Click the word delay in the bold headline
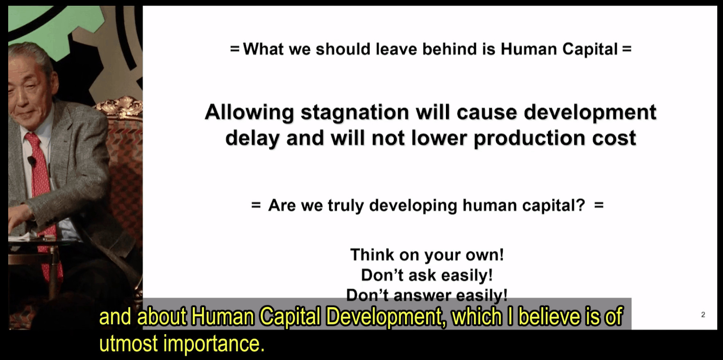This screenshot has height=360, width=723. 252,138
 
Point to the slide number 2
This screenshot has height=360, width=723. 703,315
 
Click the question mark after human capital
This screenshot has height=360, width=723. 581,205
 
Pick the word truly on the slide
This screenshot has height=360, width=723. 346,205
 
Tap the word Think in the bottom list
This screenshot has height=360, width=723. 372,255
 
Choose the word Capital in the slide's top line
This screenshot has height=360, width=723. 590,49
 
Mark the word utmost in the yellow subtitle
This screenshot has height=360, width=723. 129,344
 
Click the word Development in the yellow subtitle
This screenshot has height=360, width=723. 386,317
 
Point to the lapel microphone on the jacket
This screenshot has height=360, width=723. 31,161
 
